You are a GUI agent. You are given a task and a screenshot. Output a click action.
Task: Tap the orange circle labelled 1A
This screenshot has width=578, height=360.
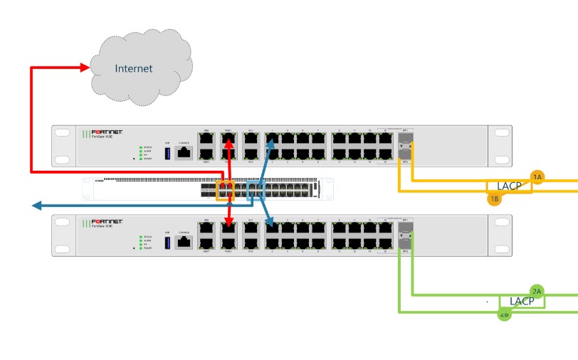(537, 176)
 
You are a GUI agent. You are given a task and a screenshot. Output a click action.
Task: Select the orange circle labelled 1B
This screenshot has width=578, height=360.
(495, 199)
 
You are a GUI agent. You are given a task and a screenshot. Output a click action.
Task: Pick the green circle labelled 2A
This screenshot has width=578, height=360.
(537, 290)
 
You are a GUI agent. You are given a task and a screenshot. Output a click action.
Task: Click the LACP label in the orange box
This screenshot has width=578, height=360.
(510, 186)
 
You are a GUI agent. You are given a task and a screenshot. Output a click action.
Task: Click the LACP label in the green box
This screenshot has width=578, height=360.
(522, 301)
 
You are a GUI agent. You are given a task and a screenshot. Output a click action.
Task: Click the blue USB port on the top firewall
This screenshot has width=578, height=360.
(168, 152)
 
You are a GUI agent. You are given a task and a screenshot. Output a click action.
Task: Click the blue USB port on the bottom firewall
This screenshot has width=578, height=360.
(168, 242)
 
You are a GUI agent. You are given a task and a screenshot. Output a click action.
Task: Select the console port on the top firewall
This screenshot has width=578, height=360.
(184, 152)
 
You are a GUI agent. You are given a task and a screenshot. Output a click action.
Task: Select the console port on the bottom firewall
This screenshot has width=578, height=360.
(184, 241)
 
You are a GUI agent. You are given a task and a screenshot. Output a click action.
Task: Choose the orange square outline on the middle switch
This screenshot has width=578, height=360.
(225, 191)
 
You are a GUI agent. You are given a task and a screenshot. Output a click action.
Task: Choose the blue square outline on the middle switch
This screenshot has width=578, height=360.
(256, 191)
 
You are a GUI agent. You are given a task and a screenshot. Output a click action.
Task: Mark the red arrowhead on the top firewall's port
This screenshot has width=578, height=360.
(228, 144)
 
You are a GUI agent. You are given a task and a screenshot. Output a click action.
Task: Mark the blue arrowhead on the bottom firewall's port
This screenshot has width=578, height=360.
(270, 227)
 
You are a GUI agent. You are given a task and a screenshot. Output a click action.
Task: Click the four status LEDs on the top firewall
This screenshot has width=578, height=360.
(141, 152)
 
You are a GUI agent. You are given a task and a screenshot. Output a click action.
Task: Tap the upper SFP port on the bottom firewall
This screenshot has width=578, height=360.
(404, 225)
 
